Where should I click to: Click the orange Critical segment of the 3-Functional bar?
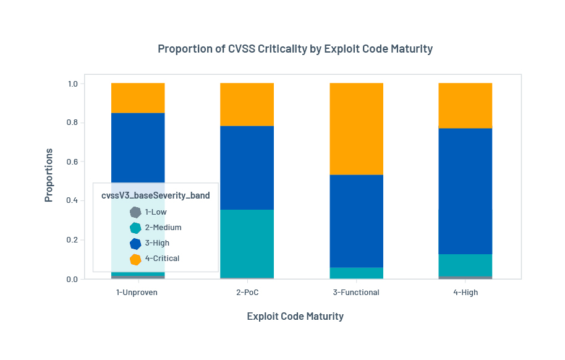pos(356,129)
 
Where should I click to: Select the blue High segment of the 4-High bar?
pos(465,191)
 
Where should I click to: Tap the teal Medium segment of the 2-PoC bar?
pos(247,244)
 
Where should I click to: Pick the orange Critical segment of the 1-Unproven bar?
pos(138,98)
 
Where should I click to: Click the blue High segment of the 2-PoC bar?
pos(247,168)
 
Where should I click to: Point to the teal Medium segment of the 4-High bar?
pos(465,265)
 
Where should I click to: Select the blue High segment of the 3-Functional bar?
pos(356,221)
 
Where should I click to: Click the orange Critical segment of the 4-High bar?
pos(465,105)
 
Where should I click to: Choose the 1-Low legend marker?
pos(135,212)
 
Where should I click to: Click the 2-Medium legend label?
pos(163,228)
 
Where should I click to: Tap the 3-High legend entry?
pos(157,243)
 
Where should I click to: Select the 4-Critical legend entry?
pos(162,259)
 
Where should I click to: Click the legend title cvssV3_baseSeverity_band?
pos(155,195)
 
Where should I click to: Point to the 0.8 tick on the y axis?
pos(73,122)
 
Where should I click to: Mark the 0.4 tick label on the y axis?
pos(73,201)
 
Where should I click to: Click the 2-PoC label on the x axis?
pos(247,293)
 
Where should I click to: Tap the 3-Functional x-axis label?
pos(356,293)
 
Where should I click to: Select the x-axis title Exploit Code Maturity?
pos(295,317)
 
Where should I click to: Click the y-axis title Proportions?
pos(49,175)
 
